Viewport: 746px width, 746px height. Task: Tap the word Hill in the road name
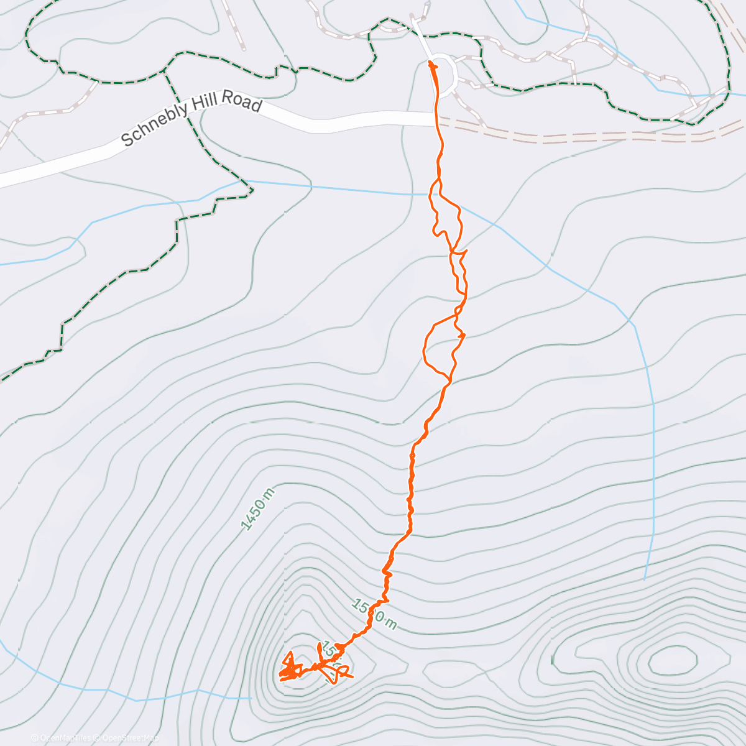pyautogui.click(x=205, y=111)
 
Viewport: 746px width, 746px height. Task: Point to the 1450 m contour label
pyautogui.click(x=257, y=509)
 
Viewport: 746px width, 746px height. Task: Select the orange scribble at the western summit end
pyautogui.click(x=289, y=670)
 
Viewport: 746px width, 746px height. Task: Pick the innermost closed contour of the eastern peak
pyautogui.click(x=672, y=660)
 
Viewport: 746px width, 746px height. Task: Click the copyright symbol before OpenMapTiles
pyautogui.click(x=34, y=738)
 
